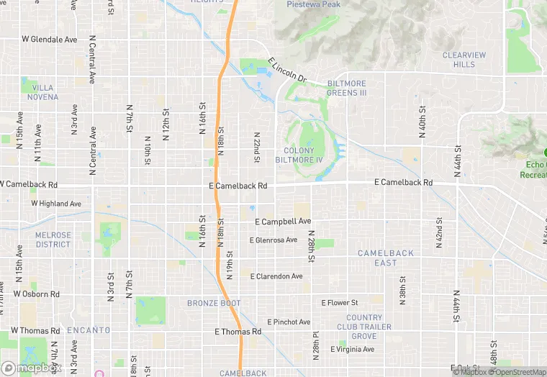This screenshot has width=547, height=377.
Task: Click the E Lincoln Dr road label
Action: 287,71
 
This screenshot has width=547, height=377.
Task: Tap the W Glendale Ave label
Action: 49,40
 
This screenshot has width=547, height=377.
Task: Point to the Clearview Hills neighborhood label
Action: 464,60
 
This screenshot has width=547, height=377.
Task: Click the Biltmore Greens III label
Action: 347,88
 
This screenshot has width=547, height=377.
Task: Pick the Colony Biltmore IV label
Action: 299,155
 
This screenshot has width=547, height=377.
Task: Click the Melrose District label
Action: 53,240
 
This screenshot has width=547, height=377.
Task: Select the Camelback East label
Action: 386,258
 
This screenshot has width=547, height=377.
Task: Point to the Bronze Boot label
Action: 214,303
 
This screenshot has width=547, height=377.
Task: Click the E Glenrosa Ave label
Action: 273,240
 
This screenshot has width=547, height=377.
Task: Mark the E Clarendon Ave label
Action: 276,276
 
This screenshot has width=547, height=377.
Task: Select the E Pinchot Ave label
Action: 289,322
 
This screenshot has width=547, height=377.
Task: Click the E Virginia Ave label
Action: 352,350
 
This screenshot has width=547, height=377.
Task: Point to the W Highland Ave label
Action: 56,204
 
